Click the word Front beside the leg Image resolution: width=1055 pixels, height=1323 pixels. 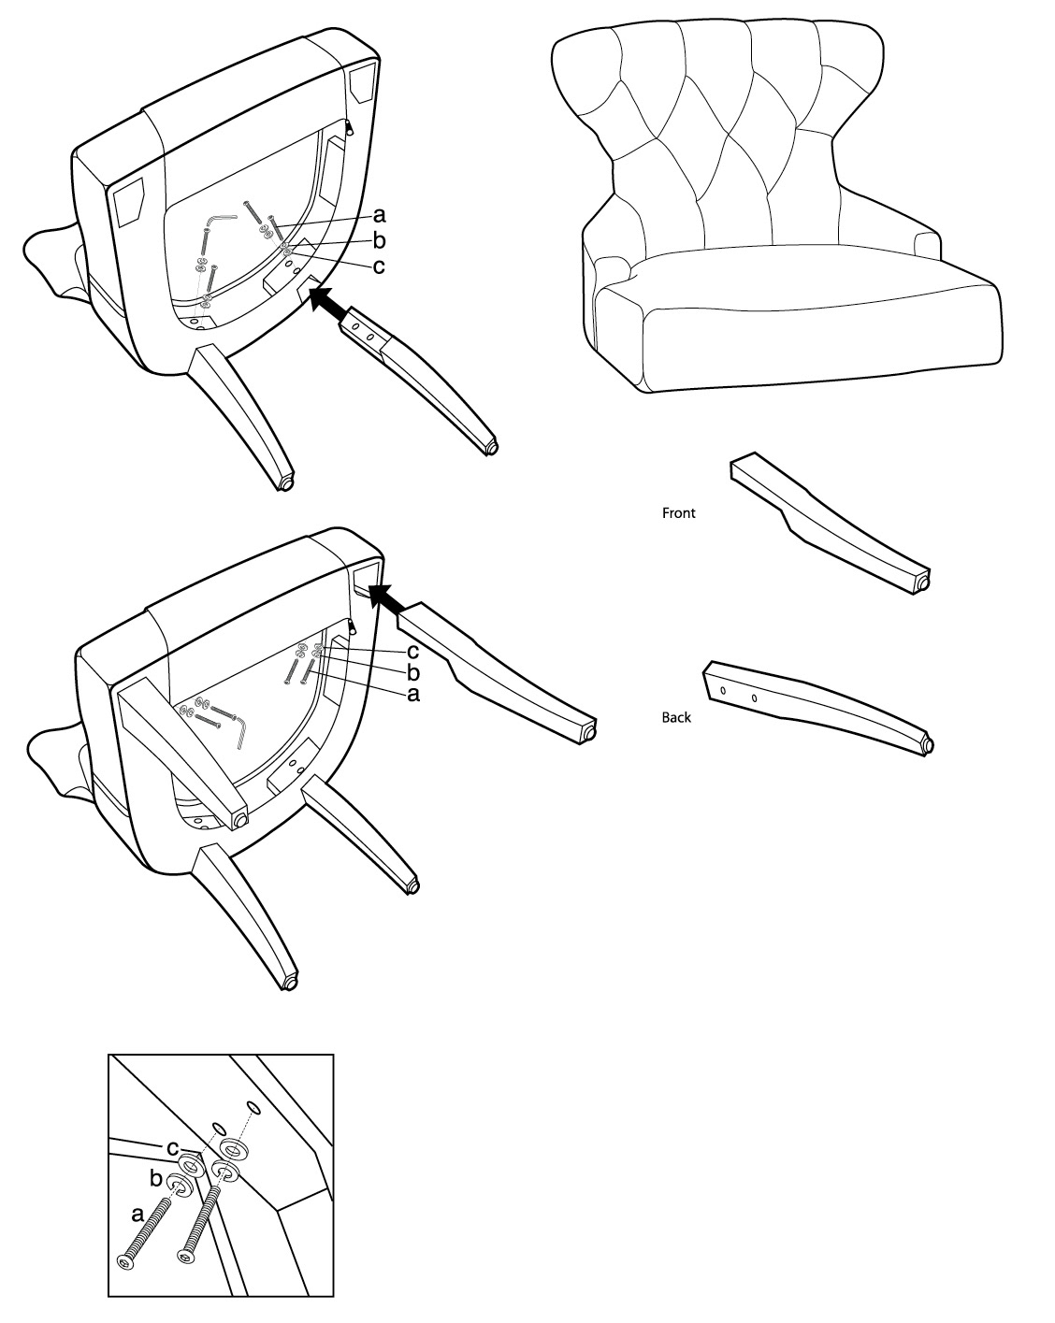click(678, 512)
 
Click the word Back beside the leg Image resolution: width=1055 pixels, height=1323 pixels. click(676, 717)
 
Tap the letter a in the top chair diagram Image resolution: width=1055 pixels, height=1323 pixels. click(380, 215)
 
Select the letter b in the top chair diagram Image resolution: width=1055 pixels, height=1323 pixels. click(380, 240)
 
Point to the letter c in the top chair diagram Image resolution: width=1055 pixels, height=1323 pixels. click(379, 266)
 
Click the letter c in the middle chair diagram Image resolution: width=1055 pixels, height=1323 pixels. click(412, 651)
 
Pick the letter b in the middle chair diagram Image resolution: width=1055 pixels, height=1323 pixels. click(413, 672)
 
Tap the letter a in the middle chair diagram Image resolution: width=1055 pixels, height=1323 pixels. click(413, 695)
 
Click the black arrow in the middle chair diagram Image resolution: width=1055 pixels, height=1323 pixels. click(386, 598)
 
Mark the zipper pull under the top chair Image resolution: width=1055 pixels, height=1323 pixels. click(349, 127)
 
